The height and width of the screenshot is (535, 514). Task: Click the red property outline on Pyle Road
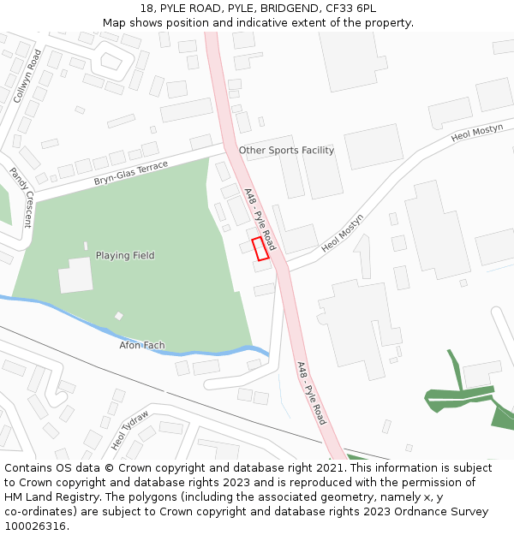coord(260,248)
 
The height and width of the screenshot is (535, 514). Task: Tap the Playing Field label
coord(125,255)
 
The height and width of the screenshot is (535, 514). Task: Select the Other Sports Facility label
coord(286,150)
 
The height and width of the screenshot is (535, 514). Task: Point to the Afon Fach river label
coord(142,346)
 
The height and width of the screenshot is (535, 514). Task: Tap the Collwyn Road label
coord(27,76)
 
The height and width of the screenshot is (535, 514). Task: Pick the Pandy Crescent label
coord(21,197)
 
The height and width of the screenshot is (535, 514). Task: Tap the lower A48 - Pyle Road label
coord(311,393)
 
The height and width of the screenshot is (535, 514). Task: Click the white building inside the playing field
coord(75,275)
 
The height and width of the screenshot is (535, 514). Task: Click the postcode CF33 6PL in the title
coord(352,9)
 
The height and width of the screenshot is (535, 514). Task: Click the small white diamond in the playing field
coord(119,316)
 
